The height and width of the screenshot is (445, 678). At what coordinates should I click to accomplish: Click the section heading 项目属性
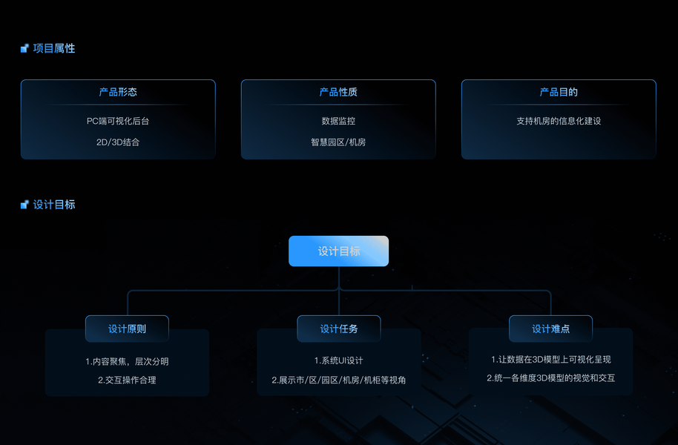coord(53,48)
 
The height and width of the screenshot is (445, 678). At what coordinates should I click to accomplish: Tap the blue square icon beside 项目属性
coord(24,48)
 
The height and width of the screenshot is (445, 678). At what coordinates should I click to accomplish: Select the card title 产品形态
coord(118,92)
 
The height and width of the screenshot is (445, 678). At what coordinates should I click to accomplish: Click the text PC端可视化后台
coord(118,120)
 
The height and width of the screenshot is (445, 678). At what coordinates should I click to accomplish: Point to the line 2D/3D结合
coord(118,142)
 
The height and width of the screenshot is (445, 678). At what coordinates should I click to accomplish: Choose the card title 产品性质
coord(338,92)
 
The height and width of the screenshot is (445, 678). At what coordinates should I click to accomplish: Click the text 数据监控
coord(338,120)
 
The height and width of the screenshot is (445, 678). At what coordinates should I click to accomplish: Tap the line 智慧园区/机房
coord(338,142)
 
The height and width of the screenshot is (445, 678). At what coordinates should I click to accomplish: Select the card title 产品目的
coord(559,92)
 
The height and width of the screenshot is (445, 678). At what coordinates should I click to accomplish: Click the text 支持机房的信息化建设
coord(559,120)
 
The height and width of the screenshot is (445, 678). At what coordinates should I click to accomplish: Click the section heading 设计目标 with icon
coord(53,205)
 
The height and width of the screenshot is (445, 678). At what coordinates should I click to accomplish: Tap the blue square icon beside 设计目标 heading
coord(24,205)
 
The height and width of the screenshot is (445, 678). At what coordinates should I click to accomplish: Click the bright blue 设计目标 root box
coord(338,251)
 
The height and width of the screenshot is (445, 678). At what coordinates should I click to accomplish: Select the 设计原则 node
coord(127,329)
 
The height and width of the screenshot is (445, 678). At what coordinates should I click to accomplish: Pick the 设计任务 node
coord(339,329)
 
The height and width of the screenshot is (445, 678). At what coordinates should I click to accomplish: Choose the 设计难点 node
coord(550,329)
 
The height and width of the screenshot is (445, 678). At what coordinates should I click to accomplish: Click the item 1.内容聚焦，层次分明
coord(127,361)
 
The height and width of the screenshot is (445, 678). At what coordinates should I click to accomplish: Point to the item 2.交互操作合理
coord(127,380)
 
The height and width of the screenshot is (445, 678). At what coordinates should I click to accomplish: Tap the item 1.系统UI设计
coord(339,361)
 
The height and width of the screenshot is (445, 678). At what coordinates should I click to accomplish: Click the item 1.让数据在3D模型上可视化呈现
coord(550,360)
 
